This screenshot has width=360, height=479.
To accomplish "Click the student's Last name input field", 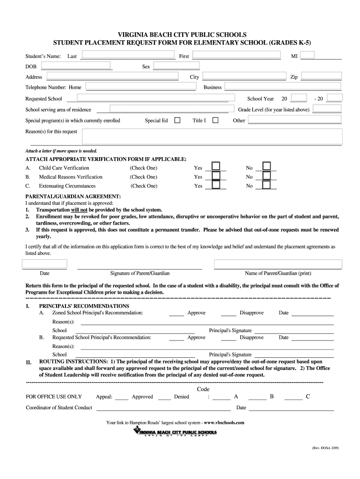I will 128,55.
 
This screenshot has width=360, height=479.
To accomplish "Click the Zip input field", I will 322,76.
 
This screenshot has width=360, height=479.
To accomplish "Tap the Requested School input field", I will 152,98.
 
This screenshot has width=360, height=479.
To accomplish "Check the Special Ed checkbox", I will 177,120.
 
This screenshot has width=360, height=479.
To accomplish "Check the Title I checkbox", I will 216,120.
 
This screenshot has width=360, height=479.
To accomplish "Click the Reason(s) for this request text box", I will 212,137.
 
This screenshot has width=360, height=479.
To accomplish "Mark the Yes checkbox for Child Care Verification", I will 216,167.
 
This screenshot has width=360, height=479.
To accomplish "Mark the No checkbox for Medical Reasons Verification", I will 266,176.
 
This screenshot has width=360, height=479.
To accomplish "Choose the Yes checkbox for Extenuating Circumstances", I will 216,185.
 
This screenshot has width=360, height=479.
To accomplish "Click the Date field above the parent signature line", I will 45,264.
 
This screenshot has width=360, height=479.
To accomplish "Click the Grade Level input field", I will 327,109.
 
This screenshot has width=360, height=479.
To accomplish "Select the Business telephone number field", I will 283,87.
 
